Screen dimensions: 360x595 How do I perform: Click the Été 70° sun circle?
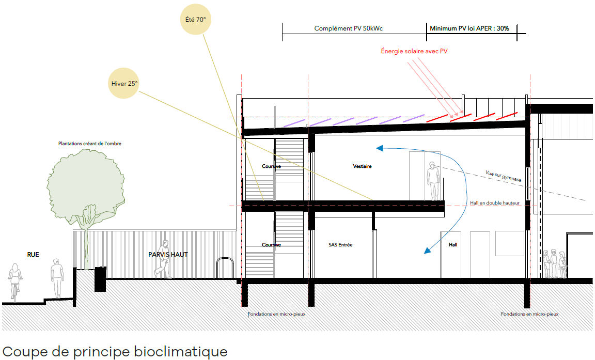click(x=195, y=20)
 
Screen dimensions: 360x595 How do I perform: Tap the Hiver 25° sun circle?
click(x=124, y=83)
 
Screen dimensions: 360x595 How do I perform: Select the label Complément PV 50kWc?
click(x=348, y=29)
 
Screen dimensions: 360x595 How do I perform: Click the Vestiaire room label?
click(x=362, y=166)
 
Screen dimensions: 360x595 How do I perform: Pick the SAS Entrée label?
click(x=340, y=245)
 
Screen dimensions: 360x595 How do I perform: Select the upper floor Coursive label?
click(x=271, y=166)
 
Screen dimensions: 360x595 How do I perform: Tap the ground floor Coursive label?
click(x=271, y=245)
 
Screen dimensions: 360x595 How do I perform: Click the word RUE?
click(x=33, y=254)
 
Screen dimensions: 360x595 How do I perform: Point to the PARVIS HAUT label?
click(x=168, y=254)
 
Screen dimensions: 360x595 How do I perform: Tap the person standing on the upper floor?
click(x=433, y=180)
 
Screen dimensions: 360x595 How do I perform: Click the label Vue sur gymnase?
click(x=503, y=177)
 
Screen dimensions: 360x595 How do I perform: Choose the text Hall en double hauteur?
click(x=494, y=203)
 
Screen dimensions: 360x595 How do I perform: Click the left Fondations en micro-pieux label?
click(x=276, y=314)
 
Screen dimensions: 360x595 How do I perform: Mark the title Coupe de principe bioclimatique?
click(x=115, y=352)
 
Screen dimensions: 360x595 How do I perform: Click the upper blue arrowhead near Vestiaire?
click(x=380, y=149)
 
